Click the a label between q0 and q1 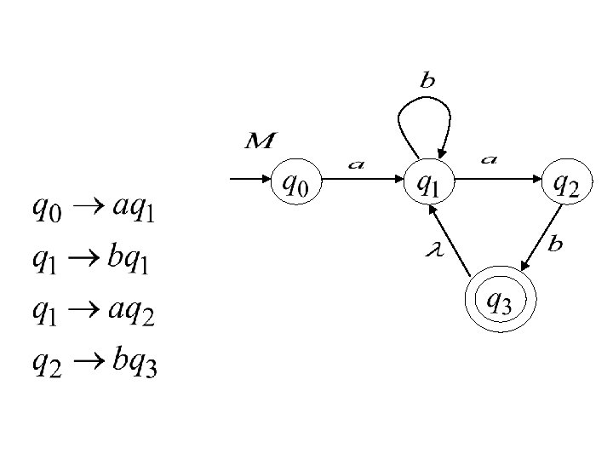pos(356,164)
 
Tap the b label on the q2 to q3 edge pos(555,244)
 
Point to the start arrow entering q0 pos(250,180)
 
